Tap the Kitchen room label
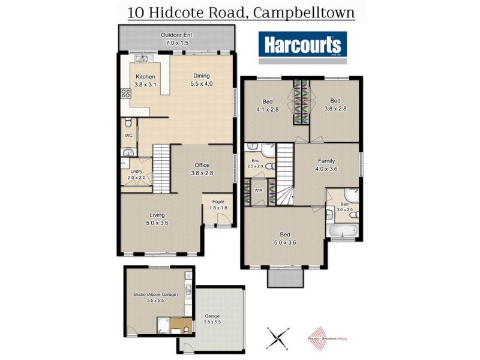[145, 80]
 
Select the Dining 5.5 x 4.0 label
[201, 80]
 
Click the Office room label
[202, 169]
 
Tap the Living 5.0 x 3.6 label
[157, 218]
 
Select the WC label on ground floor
[128, 136]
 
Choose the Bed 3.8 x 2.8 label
[335, 104]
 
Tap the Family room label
[326, 164]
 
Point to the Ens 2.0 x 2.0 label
[255, 164]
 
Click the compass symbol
[278, 338]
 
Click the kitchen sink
[142, 59]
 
